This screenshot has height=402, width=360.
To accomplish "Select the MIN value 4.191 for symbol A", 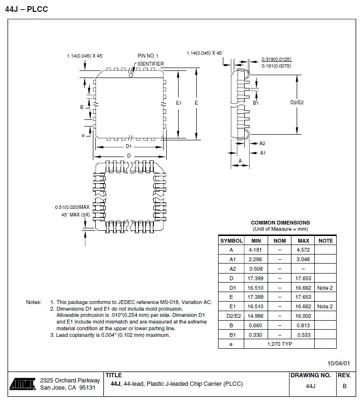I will click(x=255, y=250).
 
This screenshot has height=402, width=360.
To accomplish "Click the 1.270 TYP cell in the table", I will click(x=280, y=344).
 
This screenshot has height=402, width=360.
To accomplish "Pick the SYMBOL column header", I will click(x=231, y=241).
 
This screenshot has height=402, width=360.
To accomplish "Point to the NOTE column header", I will click(x=325, y=241).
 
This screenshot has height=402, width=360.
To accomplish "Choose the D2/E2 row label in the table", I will click(x=231, y=316).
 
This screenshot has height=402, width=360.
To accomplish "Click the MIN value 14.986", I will click(x=255, y=316).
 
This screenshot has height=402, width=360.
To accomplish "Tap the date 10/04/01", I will click(x=339, y=363).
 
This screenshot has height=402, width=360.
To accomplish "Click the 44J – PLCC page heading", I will click(x=26, y=9).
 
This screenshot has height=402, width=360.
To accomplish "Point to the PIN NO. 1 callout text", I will click(x=148, y=56).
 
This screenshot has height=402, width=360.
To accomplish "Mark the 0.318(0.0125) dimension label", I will click(x=276, y=59).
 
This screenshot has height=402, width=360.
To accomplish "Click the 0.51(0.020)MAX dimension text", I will click(x=72, y=207).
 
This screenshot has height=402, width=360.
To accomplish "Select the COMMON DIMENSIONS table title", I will click(x=280, y=223).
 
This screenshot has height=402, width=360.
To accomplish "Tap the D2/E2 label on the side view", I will click(x=297, y=102).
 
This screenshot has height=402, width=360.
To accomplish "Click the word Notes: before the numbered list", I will click(x=34, y=302).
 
